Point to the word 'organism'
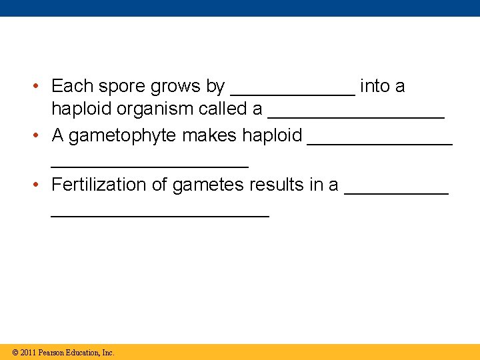click(156, 109)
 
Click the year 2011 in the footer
click(29, 353)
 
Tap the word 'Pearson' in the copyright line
click(53, 353)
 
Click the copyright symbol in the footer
click(15, 353)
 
